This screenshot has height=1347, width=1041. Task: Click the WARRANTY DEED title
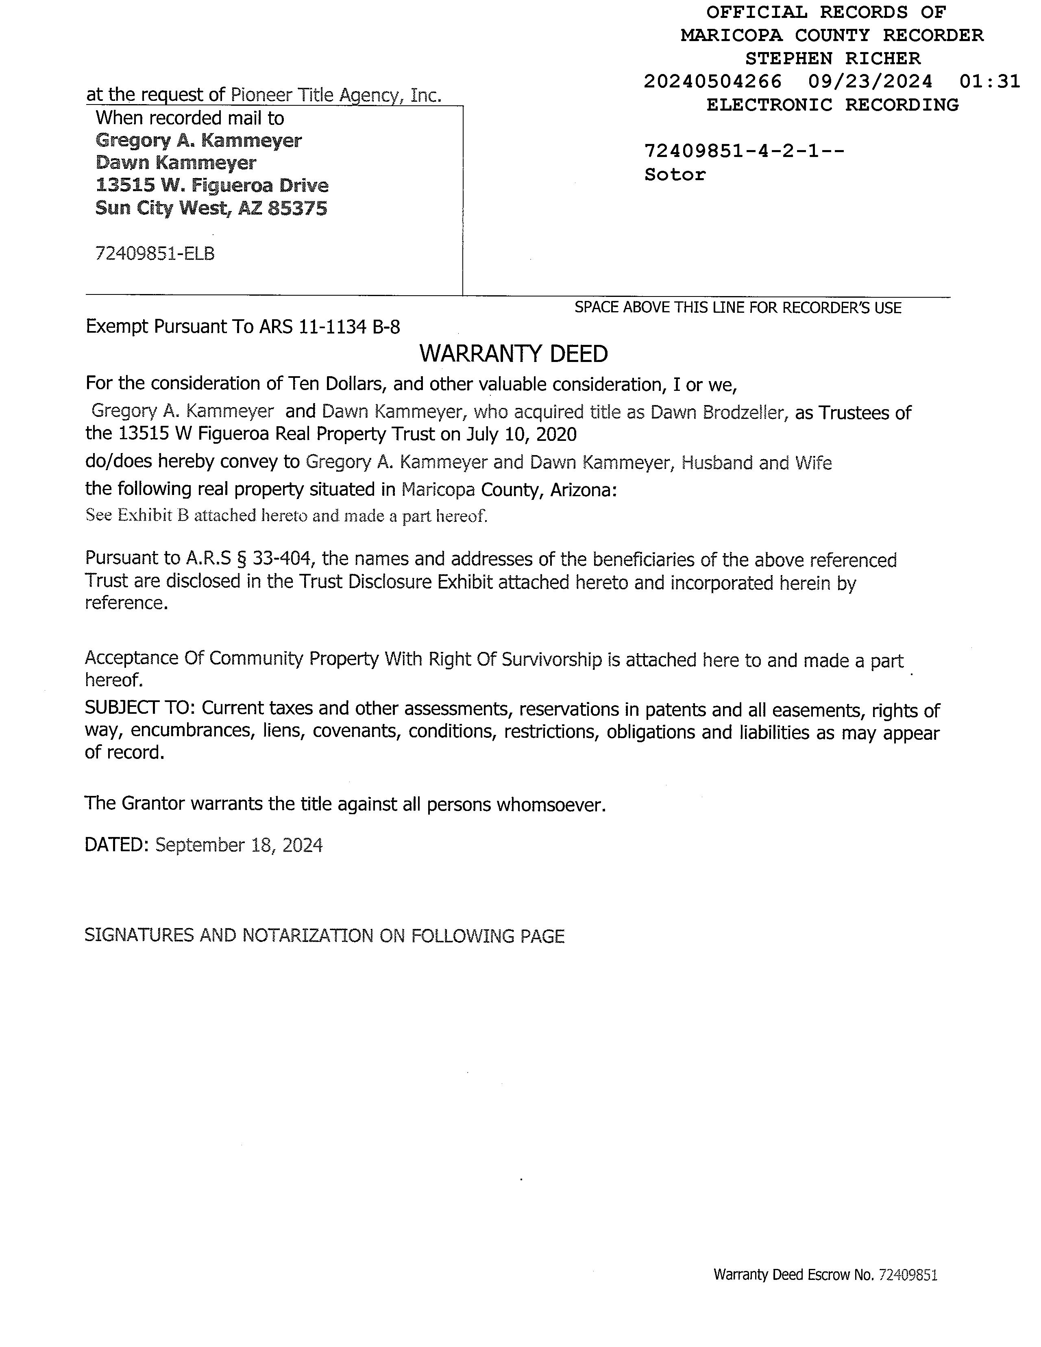(513, 354)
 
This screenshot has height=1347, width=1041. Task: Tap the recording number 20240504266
(712, 81)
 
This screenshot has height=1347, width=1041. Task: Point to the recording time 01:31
(989, 81)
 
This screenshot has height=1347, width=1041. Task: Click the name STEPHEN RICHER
(832, 59)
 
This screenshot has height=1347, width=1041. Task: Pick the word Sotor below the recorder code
(675, 174)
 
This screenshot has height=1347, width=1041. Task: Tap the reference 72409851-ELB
(155, 253)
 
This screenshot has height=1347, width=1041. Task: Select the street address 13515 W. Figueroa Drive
(211, 185)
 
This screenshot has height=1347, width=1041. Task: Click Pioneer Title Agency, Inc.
(336, 95)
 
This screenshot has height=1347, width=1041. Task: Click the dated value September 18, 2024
(239, 845)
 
